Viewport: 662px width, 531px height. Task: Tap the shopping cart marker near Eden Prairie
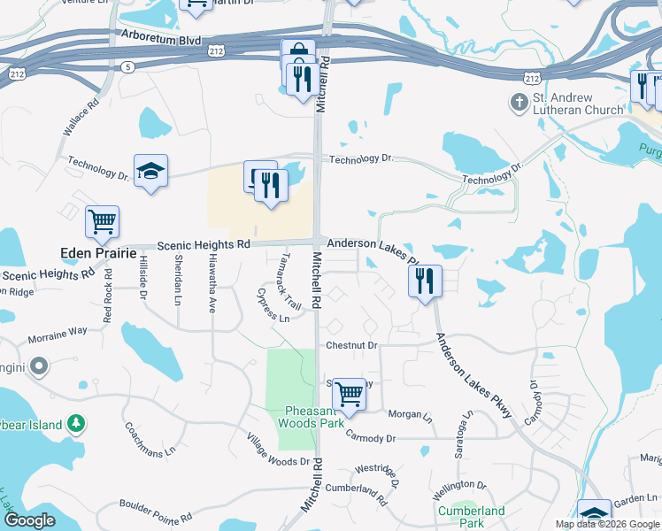(x=103, y=221)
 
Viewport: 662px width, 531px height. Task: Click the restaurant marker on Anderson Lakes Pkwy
(x=425, y=281)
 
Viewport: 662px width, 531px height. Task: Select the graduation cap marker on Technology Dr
(x=151, y=171)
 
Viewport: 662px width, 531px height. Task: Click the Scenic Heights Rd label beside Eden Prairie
(x=204, y=244)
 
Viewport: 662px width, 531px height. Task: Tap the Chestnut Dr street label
(x=351, y=345)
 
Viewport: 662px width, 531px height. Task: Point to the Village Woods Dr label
(x=278, y=450)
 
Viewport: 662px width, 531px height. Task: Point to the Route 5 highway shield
(x=129, y=66)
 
